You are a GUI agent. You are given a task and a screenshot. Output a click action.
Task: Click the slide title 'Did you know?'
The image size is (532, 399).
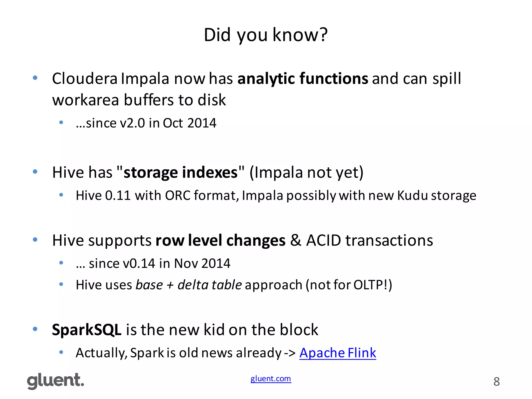(x=265, y=35)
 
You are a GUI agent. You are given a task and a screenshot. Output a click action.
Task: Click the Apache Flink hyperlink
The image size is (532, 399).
(x=337, y=353)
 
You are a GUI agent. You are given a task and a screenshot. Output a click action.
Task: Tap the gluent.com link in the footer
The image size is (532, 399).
(x=271, y=379)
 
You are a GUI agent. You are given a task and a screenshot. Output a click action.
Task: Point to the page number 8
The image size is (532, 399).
(x=496, y=382)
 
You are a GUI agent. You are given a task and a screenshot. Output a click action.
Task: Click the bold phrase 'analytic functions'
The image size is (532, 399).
(x=303, y=78)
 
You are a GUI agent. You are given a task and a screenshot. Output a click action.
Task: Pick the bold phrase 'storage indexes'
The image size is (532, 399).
(x=181, y=172)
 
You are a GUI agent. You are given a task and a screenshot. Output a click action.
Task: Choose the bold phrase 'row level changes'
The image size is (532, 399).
(x=220, y=240)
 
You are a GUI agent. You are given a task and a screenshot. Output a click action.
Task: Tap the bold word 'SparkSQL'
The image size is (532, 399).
(x=87, y=330)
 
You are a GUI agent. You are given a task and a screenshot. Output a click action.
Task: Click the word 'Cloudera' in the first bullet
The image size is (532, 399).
(x=85, y=78)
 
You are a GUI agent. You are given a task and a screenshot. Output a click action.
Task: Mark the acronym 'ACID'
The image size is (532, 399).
(x=323, y=240)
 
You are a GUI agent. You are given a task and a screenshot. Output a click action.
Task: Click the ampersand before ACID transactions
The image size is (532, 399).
(x=296, y=240)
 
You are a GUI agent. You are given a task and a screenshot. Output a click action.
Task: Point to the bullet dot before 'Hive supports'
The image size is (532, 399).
(x=35, y=240)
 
